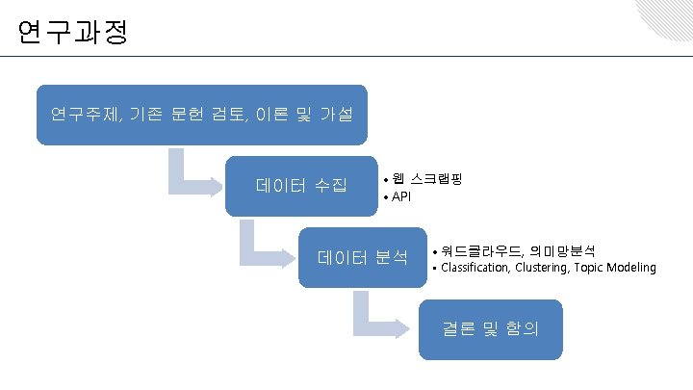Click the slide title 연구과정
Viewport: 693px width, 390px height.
71,34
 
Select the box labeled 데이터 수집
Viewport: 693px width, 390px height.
301,185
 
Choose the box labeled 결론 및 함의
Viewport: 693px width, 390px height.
491,328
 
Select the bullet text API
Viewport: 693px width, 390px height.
401,197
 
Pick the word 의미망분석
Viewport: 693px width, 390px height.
561,249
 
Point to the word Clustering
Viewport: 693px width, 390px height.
543,267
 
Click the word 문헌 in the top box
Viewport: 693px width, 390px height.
190,116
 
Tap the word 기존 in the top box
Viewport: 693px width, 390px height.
145,116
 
